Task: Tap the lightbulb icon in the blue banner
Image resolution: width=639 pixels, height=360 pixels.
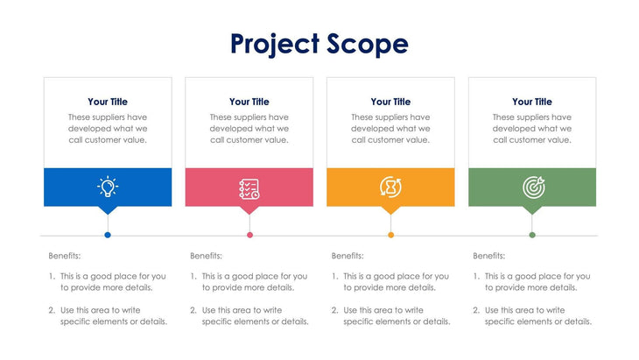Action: click(108, 187)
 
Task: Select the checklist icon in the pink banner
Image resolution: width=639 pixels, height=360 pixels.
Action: click(249, 187)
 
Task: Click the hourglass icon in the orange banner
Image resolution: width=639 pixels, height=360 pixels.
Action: click(390, 187)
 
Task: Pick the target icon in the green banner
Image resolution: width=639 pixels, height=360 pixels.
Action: click(532, 187)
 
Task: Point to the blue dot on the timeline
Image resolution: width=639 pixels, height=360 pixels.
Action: click(108, 235)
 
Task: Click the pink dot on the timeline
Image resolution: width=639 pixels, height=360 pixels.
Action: click(249, 235)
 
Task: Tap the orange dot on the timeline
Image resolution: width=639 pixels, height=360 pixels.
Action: click(390, 235)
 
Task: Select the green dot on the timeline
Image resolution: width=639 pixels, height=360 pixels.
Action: click(532, 235)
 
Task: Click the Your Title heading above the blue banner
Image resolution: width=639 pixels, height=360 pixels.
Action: click(108, 102)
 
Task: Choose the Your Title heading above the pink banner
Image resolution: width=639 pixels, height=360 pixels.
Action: click(249, 102)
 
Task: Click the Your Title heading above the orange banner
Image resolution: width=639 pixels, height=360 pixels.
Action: click(390, 102)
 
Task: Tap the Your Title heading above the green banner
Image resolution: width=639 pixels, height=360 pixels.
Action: click(532, 102)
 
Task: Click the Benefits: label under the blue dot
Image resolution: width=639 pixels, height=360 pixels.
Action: click(65, 256)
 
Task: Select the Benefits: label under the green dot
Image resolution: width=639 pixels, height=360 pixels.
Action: click(489, 256)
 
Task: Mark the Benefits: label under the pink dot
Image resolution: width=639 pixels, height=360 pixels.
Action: click(207, 256)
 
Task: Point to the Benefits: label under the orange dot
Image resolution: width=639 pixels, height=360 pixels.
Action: click(348, 256)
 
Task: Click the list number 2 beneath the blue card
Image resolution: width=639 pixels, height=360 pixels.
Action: click(53, 310)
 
